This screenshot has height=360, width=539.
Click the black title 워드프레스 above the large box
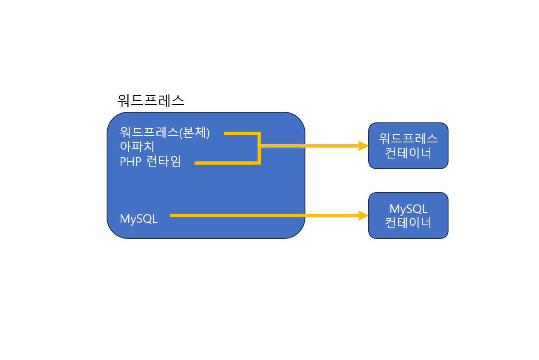click(x=150, y=100)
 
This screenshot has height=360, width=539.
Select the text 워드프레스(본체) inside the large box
click(x=165, y=133)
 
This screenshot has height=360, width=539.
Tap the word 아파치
click(x=137, y=147)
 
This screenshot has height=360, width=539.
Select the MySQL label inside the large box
click(x=138, y=219)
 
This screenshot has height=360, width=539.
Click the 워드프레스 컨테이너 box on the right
click(x=408, y=146)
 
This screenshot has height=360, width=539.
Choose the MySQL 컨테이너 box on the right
click(x=408, y=215)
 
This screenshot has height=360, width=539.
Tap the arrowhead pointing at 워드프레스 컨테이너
click(x=363, y=146)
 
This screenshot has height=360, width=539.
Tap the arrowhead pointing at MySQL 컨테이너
click(x=363, y=215)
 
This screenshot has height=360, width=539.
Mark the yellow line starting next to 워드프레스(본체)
click(x=240, y=133)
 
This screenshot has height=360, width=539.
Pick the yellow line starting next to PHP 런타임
click(x=225, y=163)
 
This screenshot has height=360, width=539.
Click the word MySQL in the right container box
click(x=408, y=209)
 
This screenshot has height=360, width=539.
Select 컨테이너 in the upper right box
click(x=408, y=153)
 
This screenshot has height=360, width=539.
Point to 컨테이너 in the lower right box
click(x=408, y=223)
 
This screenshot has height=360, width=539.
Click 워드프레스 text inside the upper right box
click(x=408, y=139)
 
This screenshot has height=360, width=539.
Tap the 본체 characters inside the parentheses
click(x=195, y=133)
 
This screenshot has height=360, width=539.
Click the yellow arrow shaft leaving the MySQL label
click(x=263, y=215)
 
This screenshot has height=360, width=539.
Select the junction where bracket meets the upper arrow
click(x=259, y=146)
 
